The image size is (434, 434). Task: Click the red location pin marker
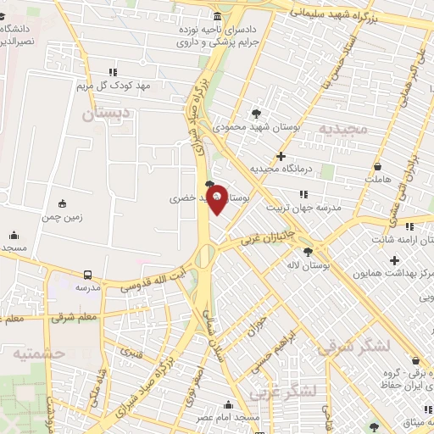tap(217, 198)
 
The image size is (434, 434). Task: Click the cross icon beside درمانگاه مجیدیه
tap(281, 156)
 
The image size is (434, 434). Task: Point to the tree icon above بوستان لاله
tap(308, 251)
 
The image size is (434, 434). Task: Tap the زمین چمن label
tap(63, 217)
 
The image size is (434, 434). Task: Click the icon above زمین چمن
tap(62, 203)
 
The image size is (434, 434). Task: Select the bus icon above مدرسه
tap(88, 275)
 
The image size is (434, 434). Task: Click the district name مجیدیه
tap(342, 129)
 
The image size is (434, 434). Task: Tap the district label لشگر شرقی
tap(352, 346)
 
